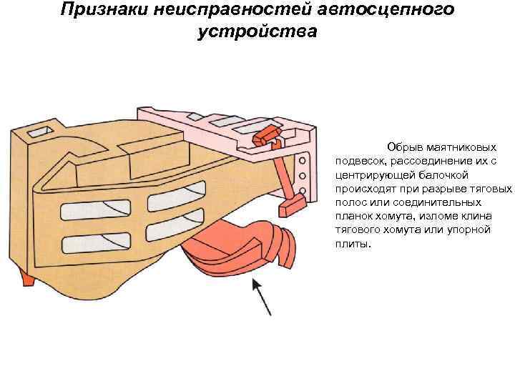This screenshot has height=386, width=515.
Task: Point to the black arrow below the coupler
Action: (260, 297)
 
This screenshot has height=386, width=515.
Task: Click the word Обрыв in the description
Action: (403, 147)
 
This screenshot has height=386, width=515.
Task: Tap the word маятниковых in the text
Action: (456, 147)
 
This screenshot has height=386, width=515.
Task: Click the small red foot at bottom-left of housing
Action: (27, 279)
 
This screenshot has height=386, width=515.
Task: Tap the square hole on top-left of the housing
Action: (36, 132)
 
